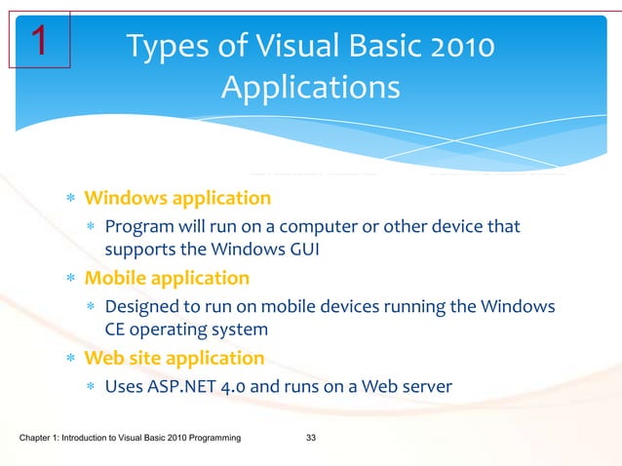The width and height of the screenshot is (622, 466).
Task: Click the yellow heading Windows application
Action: point(177,199)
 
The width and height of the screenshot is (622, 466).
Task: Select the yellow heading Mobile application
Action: point(166,279)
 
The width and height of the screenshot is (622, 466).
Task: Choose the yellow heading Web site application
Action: point(174,359)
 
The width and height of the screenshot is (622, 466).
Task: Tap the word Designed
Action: point(140,307)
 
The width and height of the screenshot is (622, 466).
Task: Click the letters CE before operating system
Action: point(116,330)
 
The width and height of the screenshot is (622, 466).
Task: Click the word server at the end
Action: point(427,387)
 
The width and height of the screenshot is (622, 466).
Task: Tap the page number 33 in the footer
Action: point(311,443)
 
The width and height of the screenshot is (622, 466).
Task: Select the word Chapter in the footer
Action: point(38,443)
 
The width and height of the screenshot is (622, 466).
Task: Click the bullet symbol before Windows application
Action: point(70,200)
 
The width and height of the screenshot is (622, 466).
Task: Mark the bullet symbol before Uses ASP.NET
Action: point(91,388)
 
